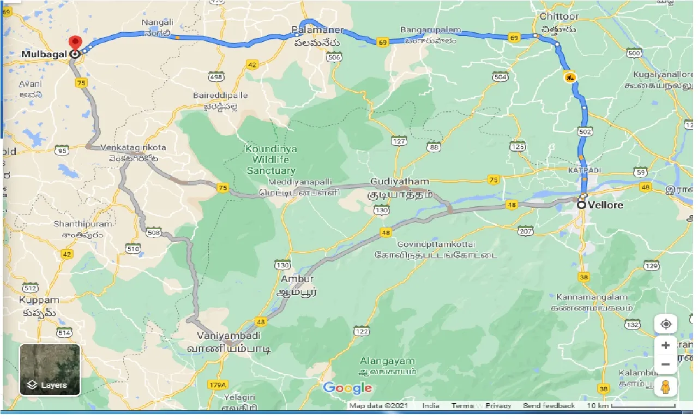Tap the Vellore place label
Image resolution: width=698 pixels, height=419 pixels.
[605, 205]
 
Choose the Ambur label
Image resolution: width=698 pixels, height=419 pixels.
[297, 279]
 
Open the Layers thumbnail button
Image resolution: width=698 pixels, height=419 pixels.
[50, 369]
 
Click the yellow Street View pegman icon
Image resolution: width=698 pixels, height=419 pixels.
[666, 386]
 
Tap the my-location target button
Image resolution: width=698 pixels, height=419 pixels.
[666, 324]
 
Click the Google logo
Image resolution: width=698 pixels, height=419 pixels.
[347, 388]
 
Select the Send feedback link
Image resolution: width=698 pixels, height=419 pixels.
[549, 405]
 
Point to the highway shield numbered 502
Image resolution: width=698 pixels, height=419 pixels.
[585, 132]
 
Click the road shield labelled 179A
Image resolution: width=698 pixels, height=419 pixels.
[216, 385]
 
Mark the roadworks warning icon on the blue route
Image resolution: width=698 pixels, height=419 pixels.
[570, 77]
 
